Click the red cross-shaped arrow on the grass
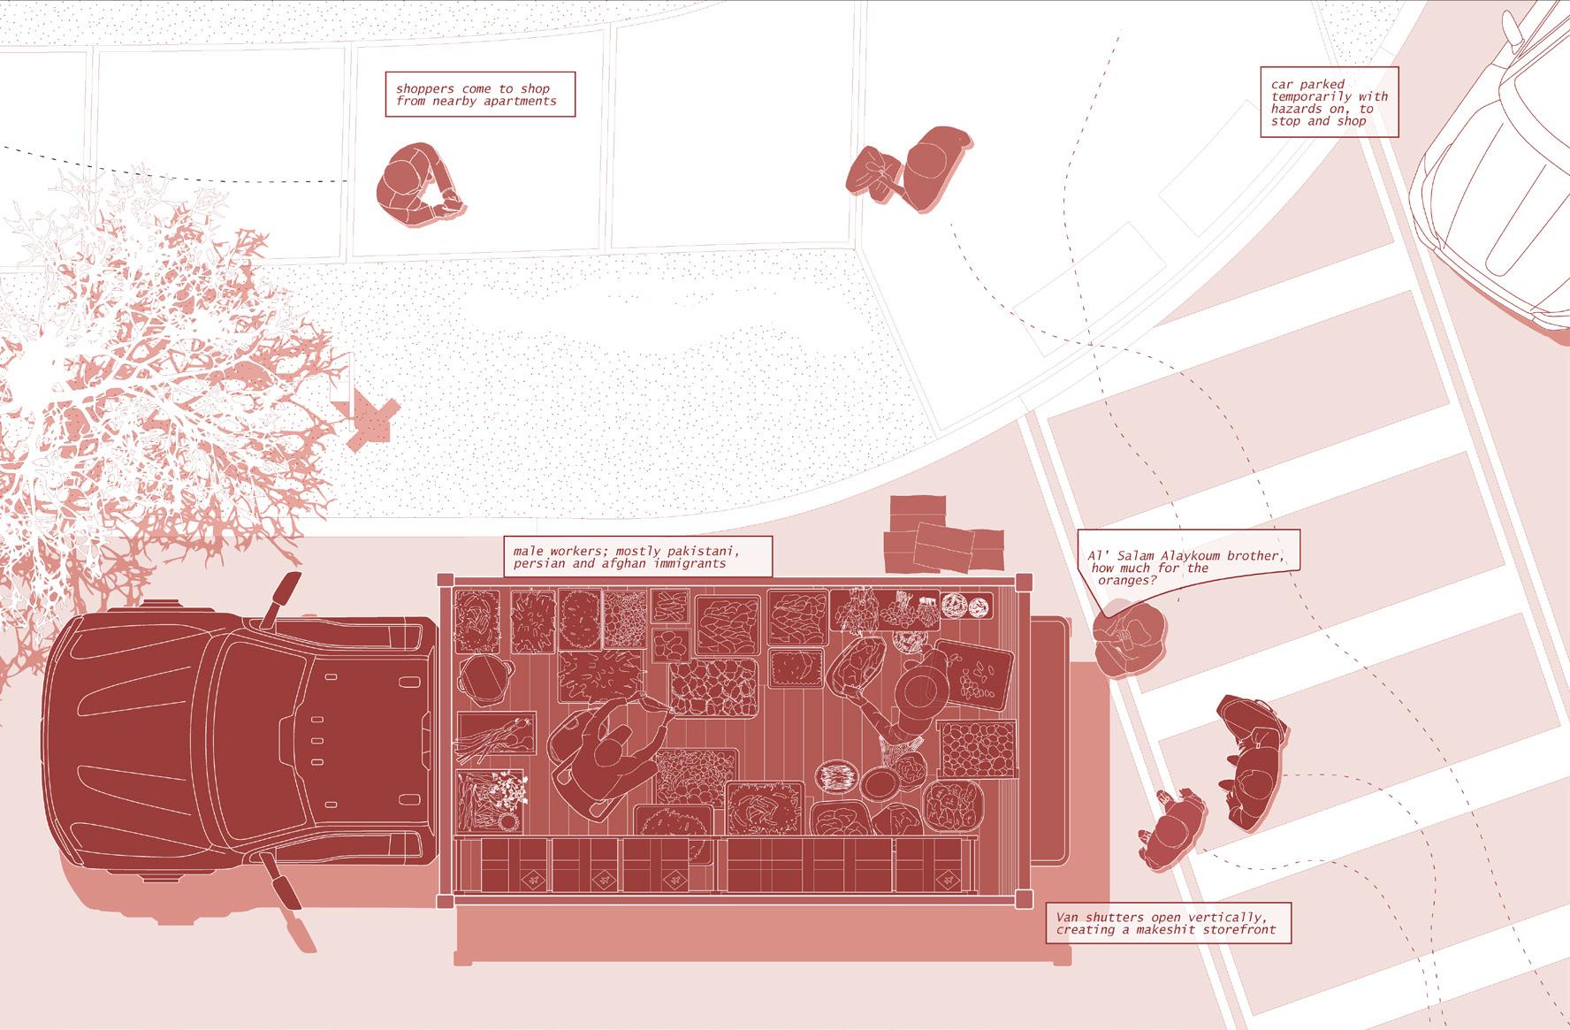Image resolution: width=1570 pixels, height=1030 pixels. tap(371, 418)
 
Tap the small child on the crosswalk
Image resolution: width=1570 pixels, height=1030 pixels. tap(1171, 831)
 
